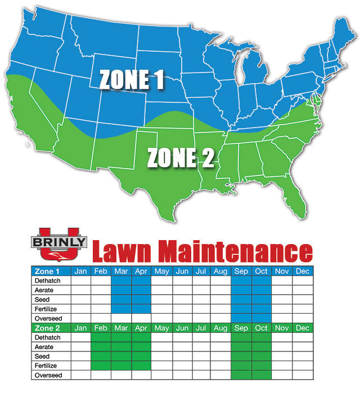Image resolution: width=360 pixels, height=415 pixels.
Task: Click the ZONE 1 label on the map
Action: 132,80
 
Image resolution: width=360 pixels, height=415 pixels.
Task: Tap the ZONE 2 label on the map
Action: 181,157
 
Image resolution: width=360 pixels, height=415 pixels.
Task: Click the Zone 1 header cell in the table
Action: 51,271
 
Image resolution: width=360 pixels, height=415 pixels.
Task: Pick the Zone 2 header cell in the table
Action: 51,328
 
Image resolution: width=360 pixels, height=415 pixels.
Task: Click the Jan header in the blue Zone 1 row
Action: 81,271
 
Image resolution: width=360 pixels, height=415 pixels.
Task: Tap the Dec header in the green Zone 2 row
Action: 302,328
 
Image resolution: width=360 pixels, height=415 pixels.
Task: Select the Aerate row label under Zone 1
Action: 51,290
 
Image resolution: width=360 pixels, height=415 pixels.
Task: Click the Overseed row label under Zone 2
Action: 51,375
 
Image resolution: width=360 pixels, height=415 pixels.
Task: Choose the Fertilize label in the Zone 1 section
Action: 51,309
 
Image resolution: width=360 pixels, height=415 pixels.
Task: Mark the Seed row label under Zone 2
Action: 51,356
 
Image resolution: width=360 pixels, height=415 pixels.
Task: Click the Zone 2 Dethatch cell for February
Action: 101,337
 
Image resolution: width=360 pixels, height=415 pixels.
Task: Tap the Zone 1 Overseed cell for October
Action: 262,318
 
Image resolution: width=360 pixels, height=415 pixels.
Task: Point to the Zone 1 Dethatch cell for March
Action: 121,281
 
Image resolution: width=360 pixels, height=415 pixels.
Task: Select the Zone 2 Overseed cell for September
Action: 242,375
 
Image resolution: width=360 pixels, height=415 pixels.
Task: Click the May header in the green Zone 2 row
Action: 161,328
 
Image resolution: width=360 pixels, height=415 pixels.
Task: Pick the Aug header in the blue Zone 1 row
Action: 221,271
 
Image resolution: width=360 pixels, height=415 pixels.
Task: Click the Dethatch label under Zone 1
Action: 51,281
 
